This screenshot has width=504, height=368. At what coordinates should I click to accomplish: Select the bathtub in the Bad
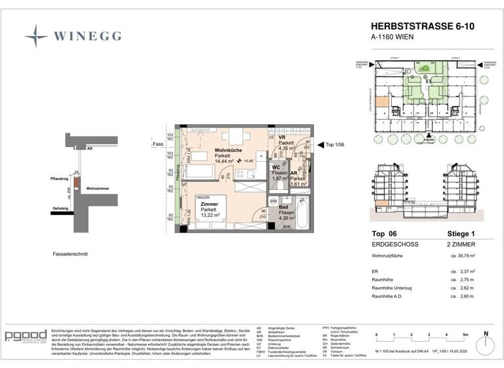(302, 214)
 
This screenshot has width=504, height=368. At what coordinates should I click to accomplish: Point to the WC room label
(277, 168)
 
